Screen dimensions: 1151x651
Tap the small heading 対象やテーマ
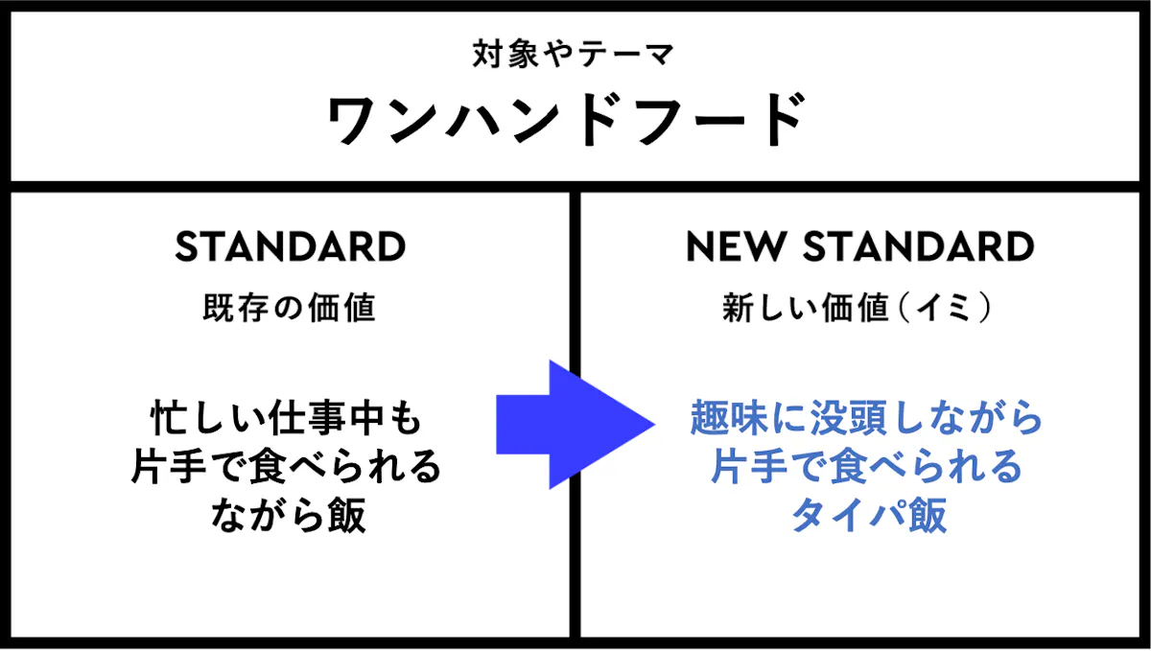(x=573, y=54)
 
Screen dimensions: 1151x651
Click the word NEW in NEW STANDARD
(x=736, y=247)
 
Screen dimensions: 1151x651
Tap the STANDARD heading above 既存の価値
(x=291, y=247)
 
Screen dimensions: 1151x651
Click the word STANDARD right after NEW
(x=919, y=247)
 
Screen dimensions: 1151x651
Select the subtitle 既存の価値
(x=290, y=308)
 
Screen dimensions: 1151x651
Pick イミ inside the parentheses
(x=945, y=308)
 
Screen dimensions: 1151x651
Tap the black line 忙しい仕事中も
(x=286, y=418)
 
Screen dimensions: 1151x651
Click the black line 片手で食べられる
(x=286, y=467)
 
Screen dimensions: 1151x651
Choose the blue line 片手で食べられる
(x=867, y=467)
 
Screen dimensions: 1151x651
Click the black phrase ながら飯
(x=289, y=515)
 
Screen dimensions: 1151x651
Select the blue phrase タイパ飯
(x=869, y=515)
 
